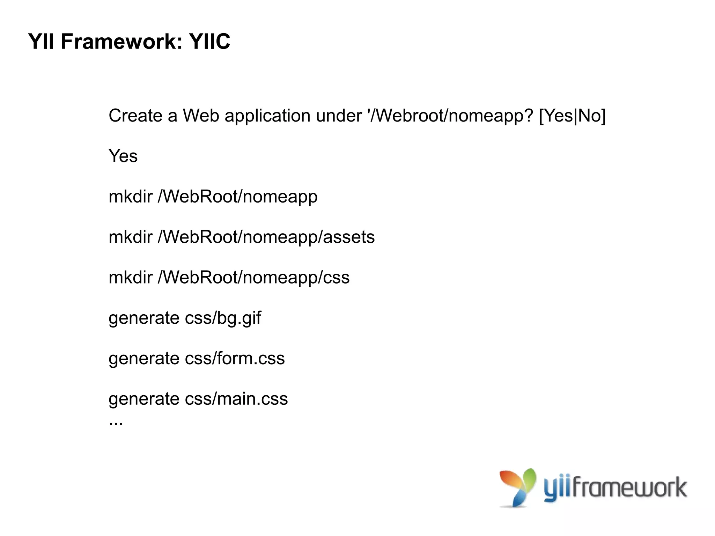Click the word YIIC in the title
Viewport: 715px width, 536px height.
point(209,42)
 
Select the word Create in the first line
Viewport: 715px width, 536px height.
point(135,116)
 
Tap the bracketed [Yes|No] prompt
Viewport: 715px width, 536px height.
point(572,116)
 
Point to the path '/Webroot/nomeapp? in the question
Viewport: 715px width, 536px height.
point(450,116)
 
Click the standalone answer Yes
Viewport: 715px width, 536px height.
point(123,156)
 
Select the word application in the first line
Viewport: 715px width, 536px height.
point(267,116)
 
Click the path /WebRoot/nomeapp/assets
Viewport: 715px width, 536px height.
point(266,237)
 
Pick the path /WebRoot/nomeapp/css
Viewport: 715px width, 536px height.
point(253,278)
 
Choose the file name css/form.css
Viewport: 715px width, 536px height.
point(235,359)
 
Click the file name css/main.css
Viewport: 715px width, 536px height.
point(236,399)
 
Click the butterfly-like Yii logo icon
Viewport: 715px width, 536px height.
point(518,487)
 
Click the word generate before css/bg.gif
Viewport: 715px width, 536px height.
point(144,318)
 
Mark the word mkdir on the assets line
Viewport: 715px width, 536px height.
point(131,237)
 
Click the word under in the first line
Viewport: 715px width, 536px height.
point(339,116)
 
